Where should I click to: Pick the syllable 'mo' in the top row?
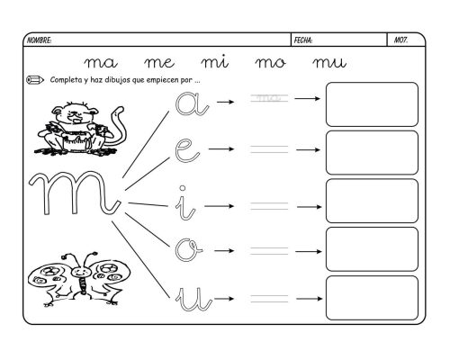pos(271,63)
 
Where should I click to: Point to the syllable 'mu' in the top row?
pos(328,63)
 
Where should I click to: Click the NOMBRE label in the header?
pos(40,40)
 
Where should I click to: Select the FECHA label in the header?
pos(304,40)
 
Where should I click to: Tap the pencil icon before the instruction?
pos(35,79)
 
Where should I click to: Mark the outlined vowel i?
pos(184,202)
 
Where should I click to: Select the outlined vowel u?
pos(190,298)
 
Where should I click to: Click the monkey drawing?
pos(73,126)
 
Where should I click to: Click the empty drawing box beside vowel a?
pos(372,103)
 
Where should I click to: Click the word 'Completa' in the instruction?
pos(65,79)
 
